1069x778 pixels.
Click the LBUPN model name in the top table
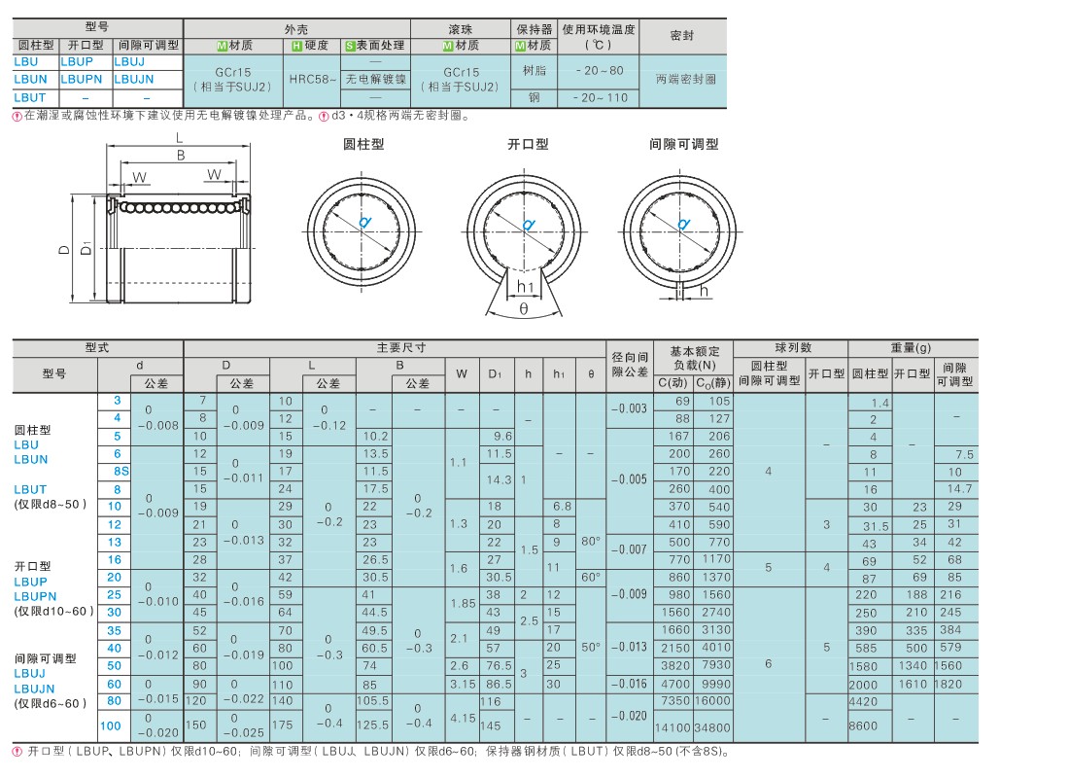coord(81,79)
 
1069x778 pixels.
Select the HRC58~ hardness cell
coord(313,79)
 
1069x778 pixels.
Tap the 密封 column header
coord(682,35)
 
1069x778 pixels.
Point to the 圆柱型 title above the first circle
coord(363,144)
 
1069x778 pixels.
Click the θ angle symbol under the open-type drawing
coord(524,309)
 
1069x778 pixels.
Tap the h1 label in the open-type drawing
coord(525,287)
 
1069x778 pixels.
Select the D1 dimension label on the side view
coord(86,247)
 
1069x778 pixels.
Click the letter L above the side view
coord(180,138)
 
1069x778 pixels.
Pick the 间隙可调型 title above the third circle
coord(684,144)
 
